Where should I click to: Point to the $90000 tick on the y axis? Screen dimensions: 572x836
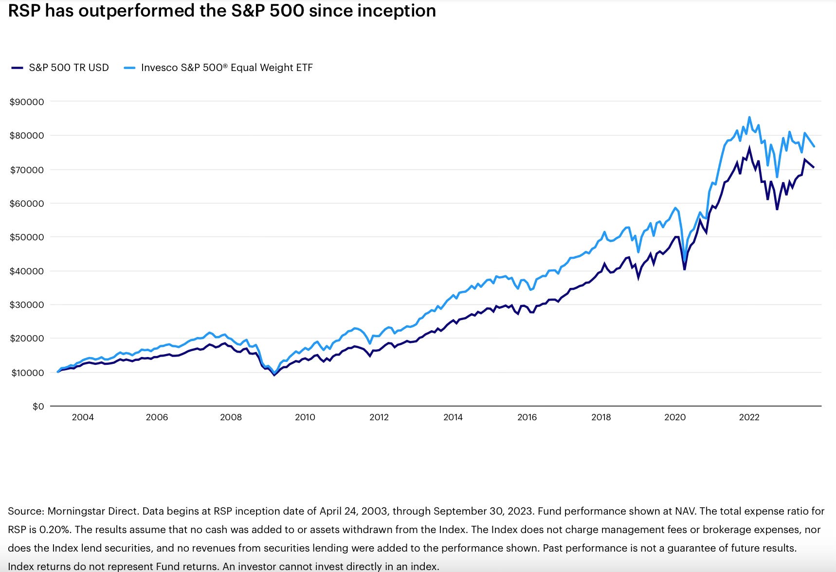point(27,102)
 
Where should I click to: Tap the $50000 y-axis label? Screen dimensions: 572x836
point(27,237)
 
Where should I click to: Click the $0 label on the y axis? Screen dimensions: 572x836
point(38,406)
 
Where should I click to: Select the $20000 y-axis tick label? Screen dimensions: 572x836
point(27,339)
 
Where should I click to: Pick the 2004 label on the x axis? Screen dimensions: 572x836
point(83,417)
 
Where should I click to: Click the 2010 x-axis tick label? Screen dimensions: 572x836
point(305,417)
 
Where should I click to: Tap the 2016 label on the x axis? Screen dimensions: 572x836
point(527,417)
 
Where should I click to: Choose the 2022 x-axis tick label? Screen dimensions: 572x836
point(749,417)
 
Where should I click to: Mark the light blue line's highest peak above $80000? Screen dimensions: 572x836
point(749,117)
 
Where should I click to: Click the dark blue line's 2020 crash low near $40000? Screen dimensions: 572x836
point(685,269)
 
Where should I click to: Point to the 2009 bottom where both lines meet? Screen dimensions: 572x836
point(274,375)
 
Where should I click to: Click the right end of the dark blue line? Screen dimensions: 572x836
point(814,167)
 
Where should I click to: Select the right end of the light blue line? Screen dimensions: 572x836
point(814,146)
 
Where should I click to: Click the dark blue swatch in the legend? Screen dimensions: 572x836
point(17,68)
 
